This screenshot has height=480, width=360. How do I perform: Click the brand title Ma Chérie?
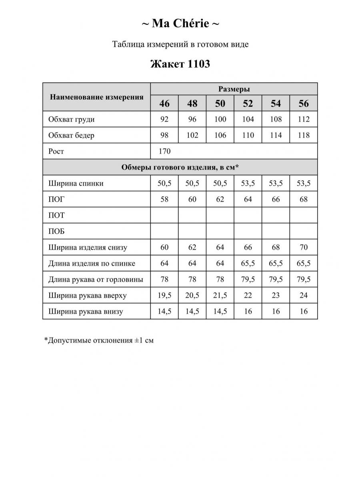coord(180,24)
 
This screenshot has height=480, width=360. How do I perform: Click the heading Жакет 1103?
coord(180,64)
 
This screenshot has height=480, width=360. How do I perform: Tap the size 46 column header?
coord(164,104)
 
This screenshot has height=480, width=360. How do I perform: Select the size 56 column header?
coord(304,104)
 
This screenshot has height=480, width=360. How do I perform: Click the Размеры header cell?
coord(234,89)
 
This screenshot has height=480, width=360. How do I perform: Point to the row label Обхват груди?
coord(72,119)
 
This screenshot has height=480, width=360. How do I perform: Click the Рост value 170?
coord(164,151)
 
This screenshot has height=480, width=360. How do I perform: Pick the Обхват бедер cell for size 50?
coord(220,135)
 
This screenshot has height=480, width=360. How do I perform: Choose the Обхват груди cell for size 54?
coord(276,119)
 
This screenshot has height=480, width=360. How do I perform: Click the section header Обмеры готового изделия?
coord(180,167)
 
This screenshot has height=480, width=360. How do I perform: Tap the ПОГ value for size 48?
coord(192,199)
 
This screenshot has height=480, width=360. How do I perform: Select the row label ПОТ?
coord(56,215)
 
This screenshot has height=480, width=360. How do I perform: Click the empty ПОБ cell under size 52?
coord(248,231)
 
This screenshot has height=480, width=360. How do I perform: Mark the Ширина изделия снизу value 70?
coord(304,247)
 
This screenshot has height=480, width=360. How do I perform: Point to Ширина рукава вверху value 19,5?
coord(164,296)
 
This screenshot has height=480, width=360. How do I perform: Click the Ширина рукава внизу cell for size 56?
coord(304,312)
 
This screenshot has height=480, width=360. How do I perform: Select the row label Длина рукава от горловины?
coord(96,280)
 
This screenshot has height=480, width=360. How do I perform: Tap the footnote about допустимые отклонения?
coord(99,340)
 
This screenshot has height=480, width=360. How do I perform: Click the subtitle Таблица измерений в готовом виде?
coord(180,44)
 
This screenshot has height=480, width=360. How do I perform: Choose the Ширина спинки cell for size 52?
coord(248,183)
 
